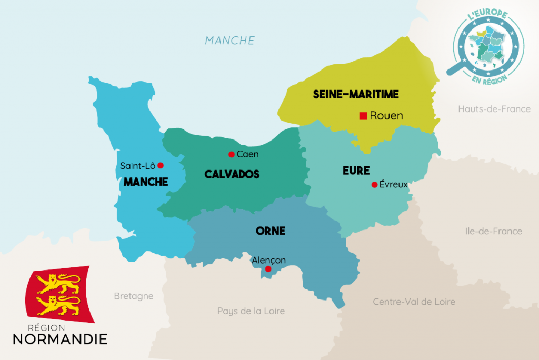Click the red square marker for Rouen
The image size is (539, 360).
pyautogui.click(x=363, y=116)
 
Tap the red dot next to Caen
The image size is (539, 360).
pyautogui.click(x=231, y=154)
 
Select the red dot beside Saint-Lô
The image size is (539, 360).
pyautogui.click(x=161, y=165)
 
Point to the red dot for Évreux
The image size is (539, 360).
pyautogui.click(x=374, y=185)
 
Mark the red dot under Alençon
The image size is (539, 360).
pyautogui.click(x=268, y=269)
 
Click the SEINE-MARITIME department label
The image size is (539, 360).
pyautogui.click(x=356, y=95)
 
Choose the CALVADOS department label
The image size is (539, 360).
pyautogui.click(x=232, y=174)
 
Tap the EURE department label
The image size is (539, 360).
pyautogui.click(x=356, y=171)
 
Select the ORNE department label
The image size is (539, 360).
pyautogui.click(x=270, y=231)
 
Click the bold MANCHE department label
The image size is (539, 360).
pyautogui.click(x=146, y=182)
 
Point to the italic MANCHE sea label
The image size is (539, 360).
pyautogui.click(x=229, y=41)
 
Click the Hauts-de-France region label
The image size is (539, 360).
pyautogui.click(x=494, y=109)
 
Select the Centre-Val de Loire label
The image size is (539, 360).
pyautogui.click(x=414, y=302)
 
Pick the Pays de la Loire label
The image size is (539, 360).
pyautogui.click(x=251, y=311)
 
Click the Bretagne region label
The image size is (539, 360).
pyautogui.click(x=134, y=296)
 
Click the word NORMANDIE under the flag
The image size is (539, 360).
pyautogui.click(x=60, y=338)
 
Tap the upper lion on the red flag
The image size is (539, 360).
pyautogui.click(x=58, y=283)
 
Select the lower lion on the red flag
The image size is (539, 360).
pyautogui.click(x=58, y=304)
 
